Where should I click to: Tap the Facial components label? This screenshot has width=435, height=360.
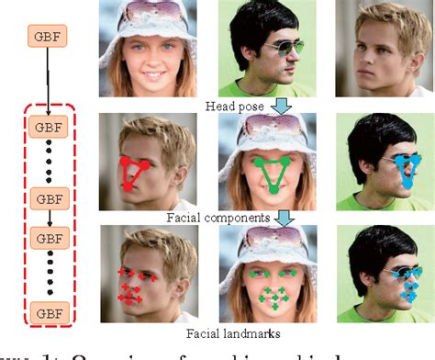tap(218, 219)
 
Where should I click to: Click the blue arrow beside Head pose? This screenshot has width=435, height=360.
tap(282, 107)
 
